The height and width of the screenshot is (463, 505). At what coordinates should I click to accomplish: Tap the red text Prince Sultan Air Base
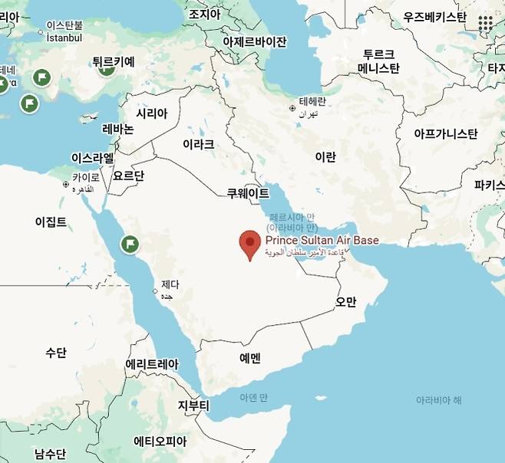coord(322,241)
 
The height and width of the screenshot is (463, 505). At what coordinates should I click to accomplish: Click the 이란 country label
coord(325,157)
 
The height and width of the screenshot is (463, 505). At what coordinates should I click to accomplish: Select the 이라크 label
coord(198,143)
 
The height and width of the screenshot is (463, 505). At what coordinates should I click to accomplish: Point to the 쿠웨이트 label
coord(248,193)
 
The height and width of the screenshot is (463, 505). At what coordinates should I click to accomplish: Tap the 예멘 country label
coord(250,357)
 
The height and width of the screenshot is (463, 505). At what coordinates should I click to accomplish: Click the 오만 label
coord(346,301)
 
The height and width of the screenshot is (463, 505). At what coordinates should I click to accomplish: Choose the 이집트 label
coord(51,222)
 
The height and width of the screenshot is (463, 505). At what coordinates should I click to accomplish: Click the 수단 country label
coord(55,353)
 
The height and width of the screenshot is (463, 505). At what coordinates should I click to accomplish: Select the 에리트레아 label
coord(152,364)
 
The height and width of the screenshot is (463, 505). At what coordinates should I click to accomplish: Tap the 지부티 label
coord(193,405)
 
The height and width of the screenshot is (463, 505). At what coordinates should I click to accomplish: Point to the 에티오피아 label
coord(160,441)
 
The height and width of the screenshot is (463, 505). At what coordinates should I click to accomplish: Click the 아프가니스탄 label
coord(445,134)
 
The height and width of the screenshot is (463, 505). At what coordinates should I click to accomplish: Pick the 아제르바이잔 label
coord(255,41)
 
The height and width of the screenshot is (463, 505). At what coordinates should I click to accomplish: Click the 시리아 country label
coord(151,113)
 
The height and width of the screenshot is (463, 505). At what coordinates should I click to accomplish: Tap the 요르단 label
coord(128,176)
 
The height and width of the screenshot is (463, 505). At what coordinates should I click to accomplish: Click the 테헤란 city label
coord(312,101)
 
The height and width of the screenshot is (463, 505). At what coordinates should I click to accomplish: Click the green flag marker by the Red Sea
coord(130,245)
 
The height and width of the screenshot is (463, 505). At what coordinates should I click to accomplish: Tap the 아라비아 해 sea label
coord(438,400)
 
